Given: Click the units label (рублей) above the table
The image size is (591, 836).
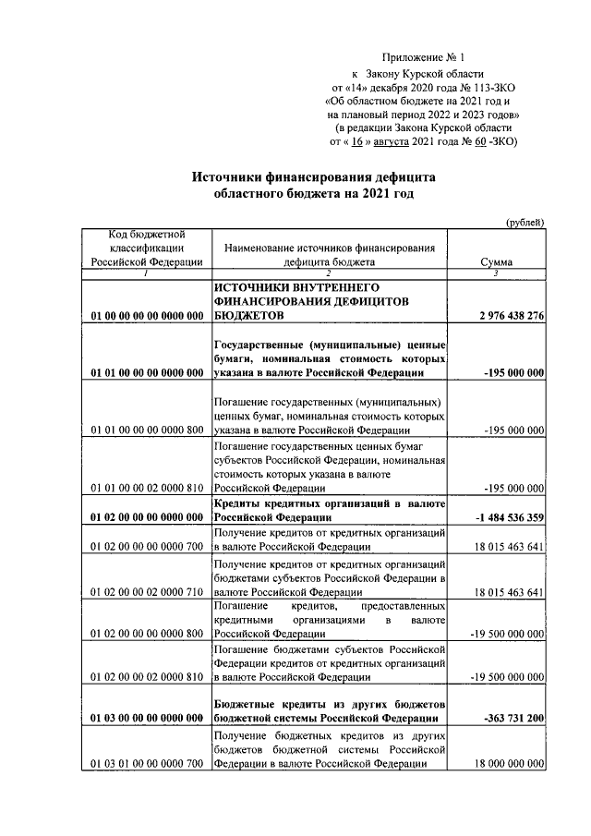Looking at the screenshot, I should (525, 222).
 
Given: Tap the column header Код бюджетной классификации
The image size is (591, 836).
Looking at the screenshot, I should (147, 248).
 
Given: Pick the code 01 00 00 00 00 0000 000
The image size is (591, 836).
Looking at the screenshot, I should (147, 317).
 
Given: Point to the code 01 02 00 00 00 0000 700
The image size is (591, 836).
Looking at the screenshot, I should (147, 547).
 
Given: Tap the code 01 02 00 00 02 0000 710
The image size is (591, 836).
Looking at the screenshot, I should (147, 592).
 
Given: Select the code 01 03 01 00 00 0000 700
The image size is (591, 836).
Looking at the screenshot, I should (147, 764).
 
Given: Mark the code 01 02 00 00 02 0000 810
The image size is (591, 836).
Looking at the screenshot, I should (147, 678).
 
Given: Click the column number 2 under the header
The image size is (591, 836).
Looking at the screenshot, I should (329, 273).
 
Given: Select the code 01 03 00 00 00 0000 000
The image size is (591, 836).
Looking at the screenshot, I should (147, 718).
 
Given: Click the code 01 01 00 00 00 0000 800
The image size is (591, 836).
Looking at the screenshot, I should (147, 430).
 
